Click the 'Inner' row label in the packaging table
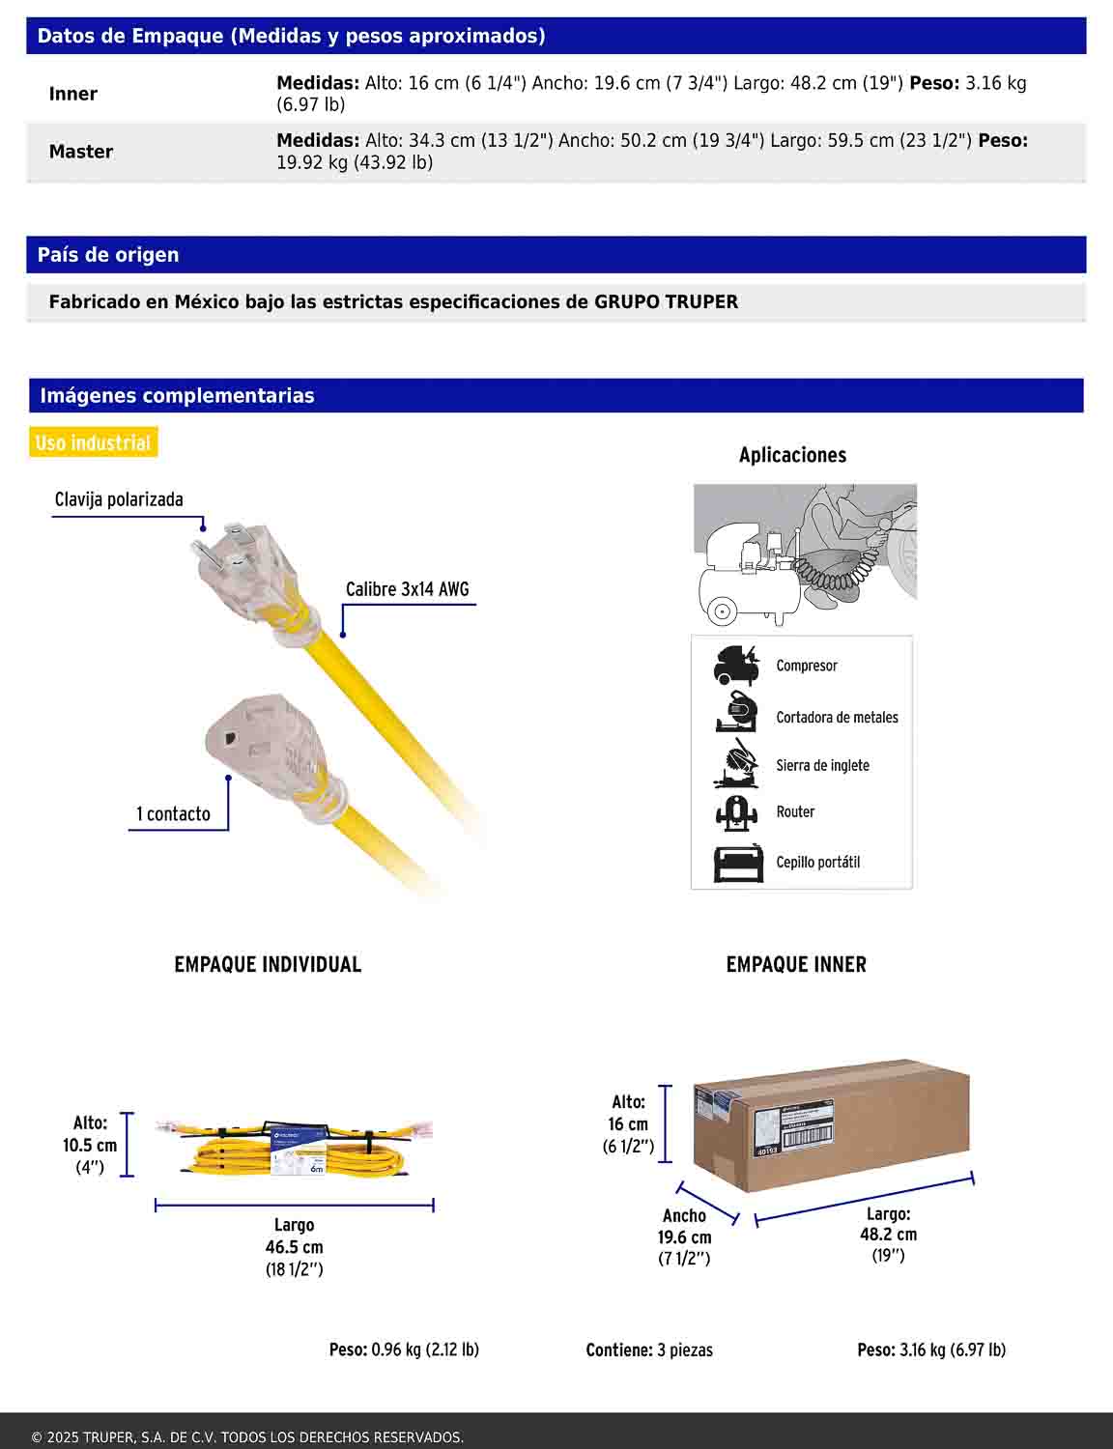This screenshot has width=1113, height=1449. (x=73, y=94)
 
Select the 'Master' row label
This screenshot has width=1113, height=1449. (x=81, y=152)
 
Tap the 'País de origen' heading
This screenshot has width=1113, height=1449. (x=108, y=255)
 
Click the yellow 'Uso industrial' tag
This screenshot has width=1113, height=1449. (x=93, y=443)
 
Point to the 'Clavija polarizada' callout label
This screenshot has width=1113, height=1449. (x=119, y=499)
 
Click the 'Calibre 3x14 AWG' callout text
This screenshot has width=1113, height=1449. (x=407, y=589)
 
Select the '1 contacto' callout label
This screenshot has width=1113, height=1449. (x=173, y=813)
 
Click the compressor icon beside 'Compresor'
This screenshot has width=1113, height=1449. (x=736, y=666)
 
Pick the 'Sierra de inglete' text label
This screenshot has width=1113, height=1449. (x=822, y=765)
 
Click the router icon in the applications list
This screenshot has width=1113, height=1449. (x=736, y=813)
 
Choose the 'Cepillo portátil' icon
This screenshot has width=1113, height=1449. (x=738, y=864)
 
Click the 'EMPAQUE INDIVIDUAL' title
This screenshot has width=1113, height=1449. (x=268, y=964)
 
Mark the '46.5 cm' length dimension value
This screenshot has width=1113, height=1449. (x=294, y=1247)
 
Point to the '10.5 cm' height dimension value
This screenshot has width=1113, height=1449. (x=90, y=1146)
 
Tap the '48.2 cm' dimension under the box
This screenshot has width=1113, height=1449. (x=888, y=1235)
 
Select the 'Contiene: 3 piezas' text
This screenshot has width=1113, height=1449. (x=649, y=1350)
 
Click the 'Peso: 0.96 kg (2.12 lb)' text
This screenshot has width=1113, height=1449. (x=404, y=1350)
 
